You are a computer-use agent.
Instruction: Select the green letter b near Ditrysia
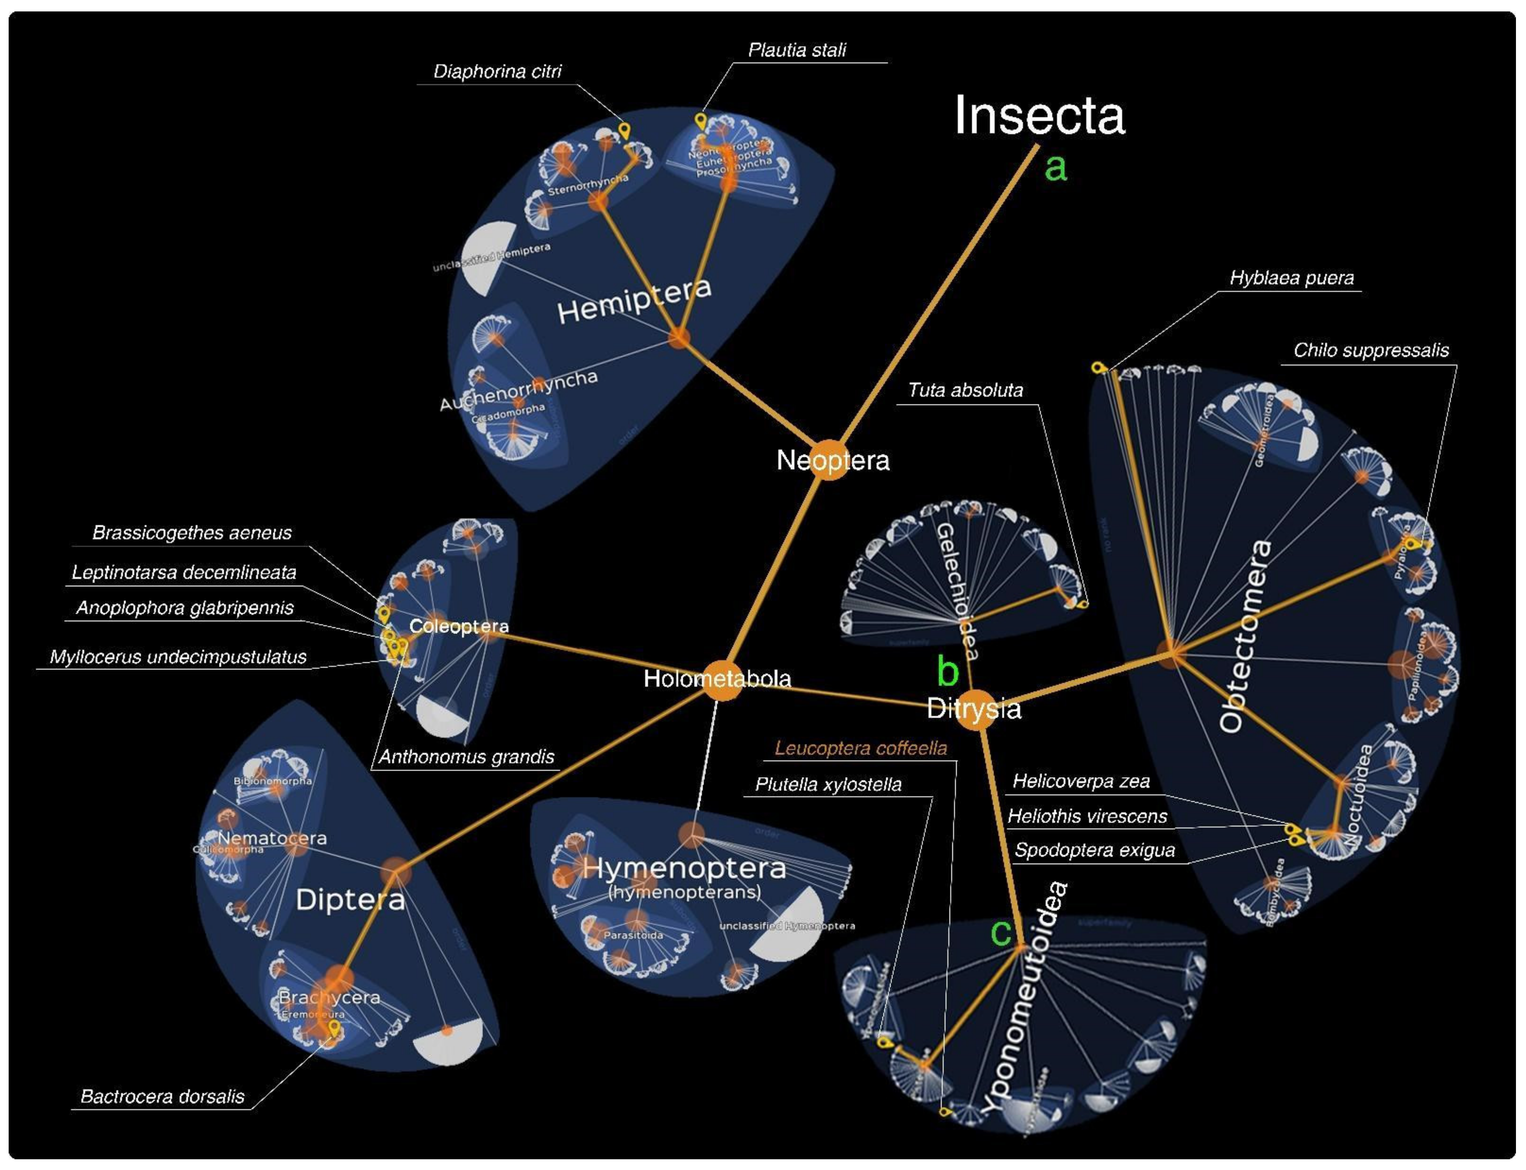coord(948,671)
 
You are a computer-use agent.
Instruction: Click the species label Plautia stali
coord(797,50)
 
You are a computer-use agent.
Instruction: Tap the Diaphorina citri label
coord(497,71)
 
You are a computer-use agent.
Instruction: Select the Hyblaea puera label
coord(1292,278)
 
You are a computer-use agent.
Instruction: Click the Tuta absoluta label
coord(965,390)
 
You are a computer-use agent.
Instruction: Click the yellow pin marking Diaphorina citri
coord(624,130)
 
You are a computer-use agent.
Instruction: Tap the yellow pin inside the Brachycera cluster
coord(334,1027)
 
